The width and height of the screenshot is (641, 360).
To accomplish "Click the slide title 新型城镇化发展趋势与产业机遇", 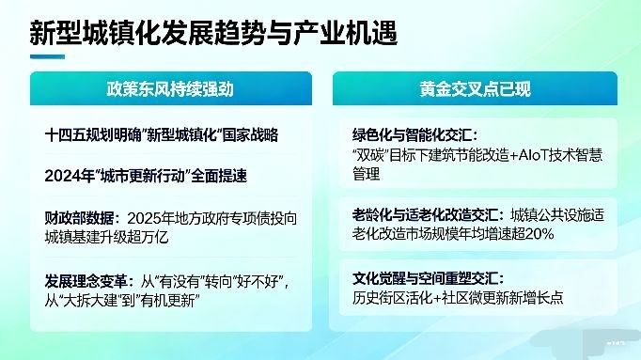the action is coord(213,32).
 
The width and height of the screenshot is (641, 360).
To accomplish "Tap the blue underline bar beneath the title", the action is coord(47,56).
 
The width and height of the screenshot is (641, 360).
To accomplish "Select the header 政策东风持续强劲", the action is coord(170,88).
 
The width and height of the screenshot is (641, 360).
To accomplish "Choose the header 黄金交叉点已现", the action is coord(475,88).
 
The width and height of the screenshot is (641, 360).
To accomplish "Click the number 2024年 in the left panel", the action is coord(70,176).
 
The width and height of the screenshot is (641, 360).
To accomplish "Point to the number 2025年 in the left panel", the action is coord(150,218).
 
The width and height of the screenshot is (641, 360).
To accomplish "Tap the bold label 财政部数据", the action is coord(79,218).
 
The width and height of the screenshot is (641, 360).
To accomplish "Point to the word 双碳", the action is coord(369,155).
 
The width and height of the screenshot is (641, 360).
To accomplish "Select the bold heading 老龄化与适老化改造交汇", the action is coord(426,215).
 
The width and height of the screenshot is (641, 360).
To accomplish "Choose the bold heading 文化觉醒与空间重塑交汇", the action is coord(426,278).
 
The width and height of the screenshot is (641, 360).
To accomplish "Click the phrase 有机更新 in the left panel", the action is coord(167,302).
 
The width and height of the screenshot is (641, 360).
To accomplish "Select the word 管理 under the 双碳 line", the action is coord(367,174).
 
